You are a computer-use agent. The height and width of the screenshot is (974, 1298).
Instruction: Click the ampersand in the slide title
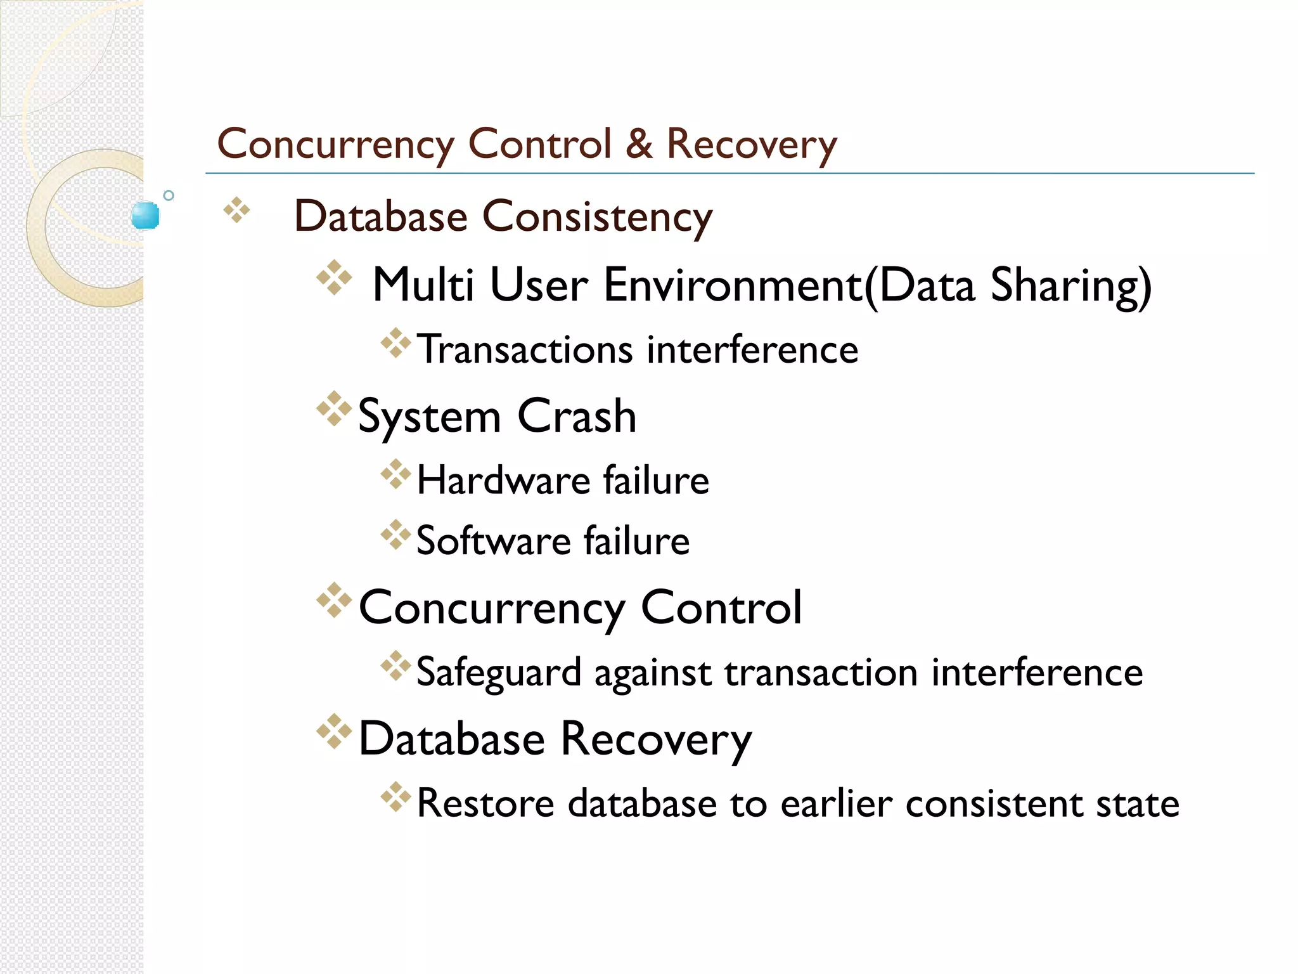pyautogui.click(x=639, y=144)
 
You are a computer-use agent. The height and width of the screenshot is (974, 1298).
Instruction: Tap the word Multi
pyautogui.click(x=423, y=285)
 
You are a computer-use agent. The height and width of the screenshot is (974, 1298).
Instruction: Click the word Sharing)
pyautogui.click(x=1070, y=286)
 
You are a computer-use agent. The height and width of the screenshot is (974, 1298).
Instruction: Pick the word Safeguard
pyautogui.click(x=499, y=673)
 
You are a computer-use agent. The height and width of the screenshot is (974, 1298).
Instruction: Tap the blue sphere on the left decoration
pyautogui.click(x=145, y=216)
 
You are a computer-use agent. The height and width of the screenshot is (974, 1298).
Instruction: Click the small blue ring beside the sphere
pyautogui.click(x=169, y=195)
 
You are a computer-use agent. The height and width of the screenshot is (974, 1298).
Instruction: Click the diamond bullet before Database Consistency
pyautogui.click(x=237, y=211)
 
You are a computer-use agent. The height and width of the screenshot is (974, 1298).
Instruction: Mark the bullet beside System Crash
pyautogui.click(x=334, y=409)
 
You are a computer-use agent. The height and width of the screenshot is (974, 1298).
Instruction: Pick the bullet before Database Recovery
pyautogui.click(x=334, y=731)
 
